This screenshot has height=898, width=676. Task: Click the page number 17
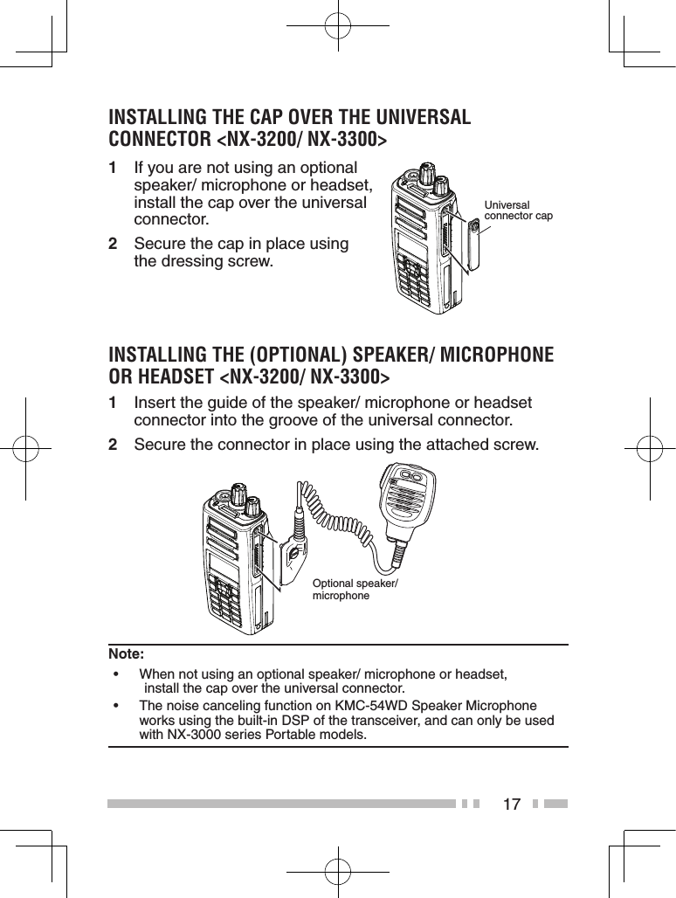point(511,804)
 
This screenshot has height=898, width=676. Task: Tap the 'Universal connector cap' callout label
point(518,211)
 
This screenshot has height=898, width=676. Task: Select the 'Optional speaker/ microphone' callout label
point(355,590)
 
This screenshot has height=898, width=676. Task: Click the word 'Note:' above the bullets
point(127,653)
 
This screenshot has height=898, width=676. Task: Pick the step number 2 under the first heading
point(113,245)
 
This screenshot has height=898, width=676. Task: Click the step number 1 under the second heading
point(113,404)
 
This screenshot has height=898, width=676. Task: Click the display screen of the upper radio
point(410,245)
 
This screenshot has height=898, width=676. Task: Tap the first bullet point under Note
point(115,675)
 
